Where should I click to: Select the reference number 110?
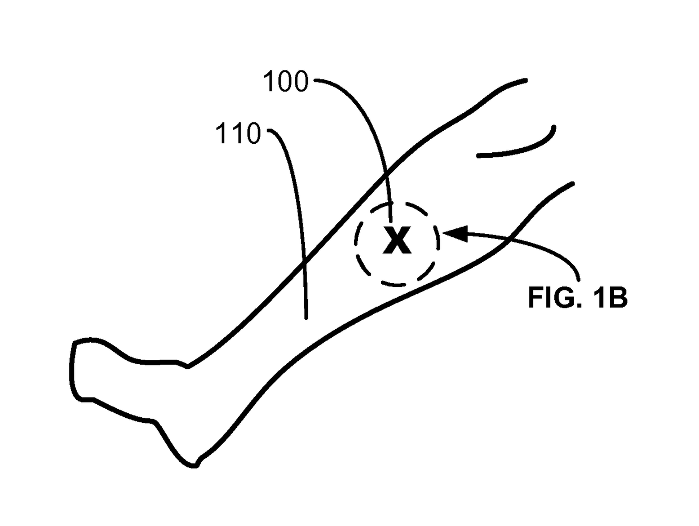pos(238,135)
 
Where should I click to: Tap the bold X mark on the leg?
pos(397,241)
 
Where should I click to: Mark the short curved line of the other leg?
pos(519,149)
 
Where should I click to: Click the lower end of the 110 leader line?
pos(306,319)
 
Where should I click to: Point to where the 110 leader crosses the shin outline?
pos(304,262)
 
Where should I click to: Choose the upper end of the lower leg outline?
pos(572,183)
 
